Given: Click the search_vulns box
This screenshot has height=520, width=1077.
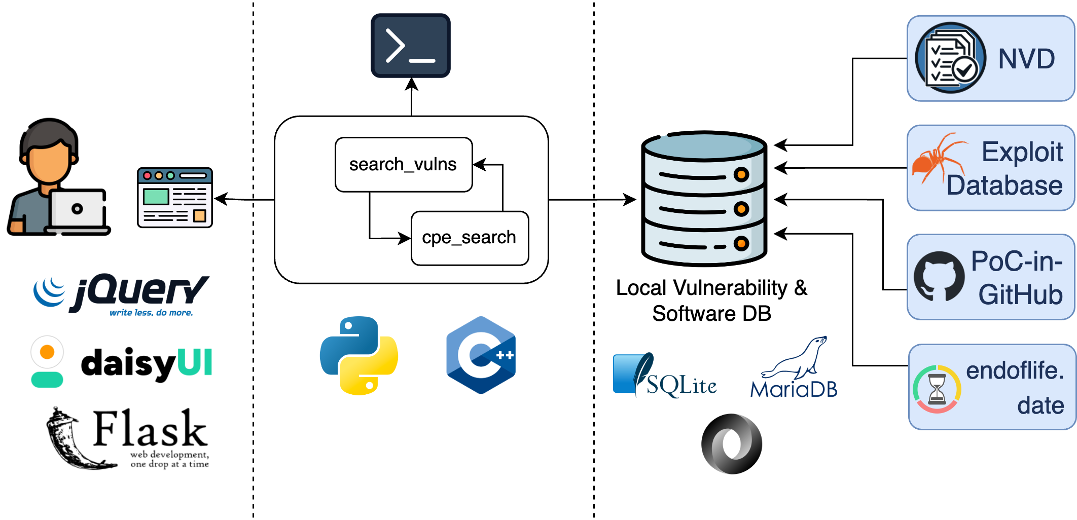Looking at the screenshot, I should (x=404, y=165).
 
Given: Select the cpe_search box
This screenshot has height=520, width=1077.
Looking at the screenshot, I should (x=470, y=238).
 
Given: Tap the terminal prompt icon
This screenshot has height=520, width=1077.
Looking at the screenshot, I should (x=411, y=46).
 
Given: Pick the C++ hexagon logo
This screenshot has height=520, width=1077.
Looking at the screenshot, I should (x=481, y=355).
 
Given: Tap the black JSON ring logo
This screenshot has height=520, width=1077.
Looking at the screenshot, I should (x=732, y=444).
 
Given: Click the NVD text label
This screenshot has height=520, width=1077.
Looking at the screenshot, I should (x=1026, y=59).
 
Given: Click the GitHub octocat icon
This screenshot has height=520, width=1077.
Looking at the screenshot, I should (x=939, y=277).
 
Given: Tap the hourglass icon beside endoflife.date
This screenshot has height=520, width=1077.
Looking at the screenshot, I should (x=937, y=389).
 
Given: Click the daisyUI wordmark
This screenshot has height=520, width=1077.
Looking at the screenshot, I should (x=146, y=363).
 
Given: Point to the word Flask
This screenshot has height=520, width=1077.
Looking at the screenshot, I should (x=150, y=429).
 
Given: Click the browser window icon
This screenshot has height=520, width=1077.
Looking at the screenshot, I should (x=175, y=198).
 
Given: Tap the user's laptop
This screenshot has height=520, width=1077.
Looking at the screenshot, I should (x=79, y=211).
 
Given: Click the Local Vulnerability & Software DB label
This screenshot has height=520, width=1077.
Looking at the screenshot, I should (x=711, y=301).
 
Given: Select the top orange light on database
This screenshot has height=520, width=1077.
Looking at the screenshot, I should (x=741, y=175).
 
